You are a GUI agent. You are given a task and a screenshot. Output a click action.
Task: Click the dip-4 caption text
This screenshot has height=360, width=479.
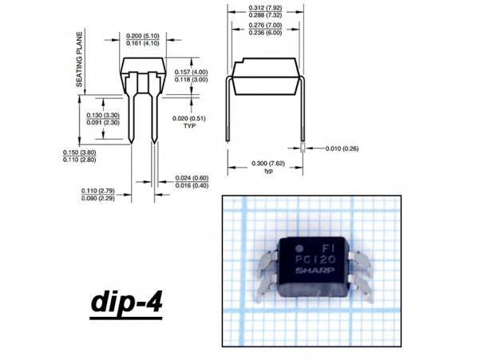pos(127,303)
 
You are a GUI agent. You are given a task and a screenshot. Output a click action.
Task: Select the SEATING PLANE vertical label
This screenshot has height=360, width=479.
pos(80,60)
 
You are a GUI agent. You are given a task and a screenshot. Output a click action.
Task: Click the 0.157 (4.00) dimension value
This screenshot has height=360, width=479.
pos(191,71)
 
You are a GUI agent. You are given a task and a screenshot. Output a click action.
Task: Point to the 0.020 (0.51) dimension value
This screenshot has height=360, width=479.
pos(189,118)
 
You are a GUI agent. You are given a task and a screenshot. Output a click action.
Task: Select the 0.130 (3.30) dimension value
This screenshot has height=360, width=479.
pos(102,117)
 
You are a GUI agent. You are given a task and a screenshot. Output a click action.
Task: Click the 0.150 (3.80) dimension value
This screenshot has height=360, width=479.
pos(79,152)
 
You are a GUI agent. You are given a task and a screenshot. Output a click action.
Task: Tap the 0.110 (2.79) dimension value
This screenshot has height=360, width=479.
pos(97,191)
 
